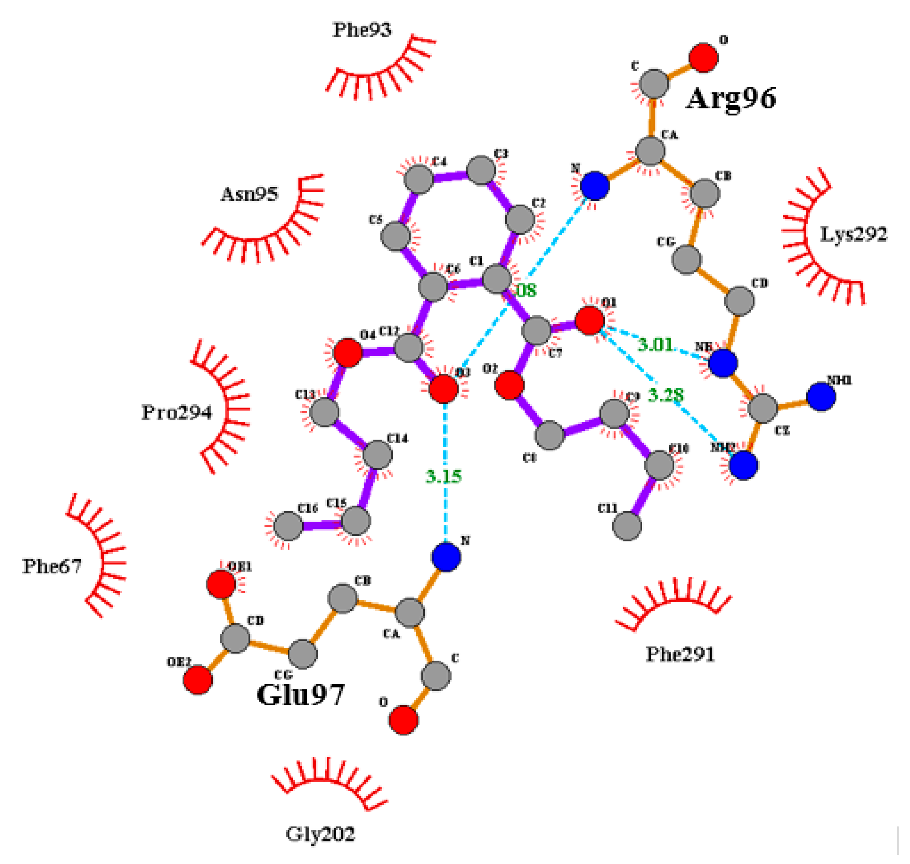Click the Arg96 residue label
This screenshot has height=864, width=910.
pos(731,98)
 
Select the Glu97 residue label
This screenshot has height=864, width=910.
pos(300,695)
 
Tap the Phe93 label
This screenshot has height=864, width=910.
pos(362,30)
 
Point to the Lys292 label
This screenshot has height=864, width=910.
pos(853,234)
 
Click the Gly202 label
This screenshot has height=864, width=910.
pos(320,834)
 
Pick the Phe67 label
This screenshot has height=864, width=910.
pos(52,566)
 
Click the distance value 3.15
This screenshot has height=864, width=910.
pos(443,476)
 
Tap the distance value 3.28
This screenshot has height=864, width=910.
pos(666,395)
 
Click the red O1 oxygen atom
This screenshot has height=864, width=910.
pos(590,320)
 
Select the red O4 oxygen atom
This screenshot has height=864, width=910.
pos(347,353)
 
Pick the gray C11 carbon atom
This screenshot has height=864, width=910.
pos(627,525)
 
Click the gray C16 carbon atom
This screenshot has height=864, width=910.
pos(288,525)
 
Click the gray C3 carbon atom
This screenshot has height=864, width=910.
pos(481,170)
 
